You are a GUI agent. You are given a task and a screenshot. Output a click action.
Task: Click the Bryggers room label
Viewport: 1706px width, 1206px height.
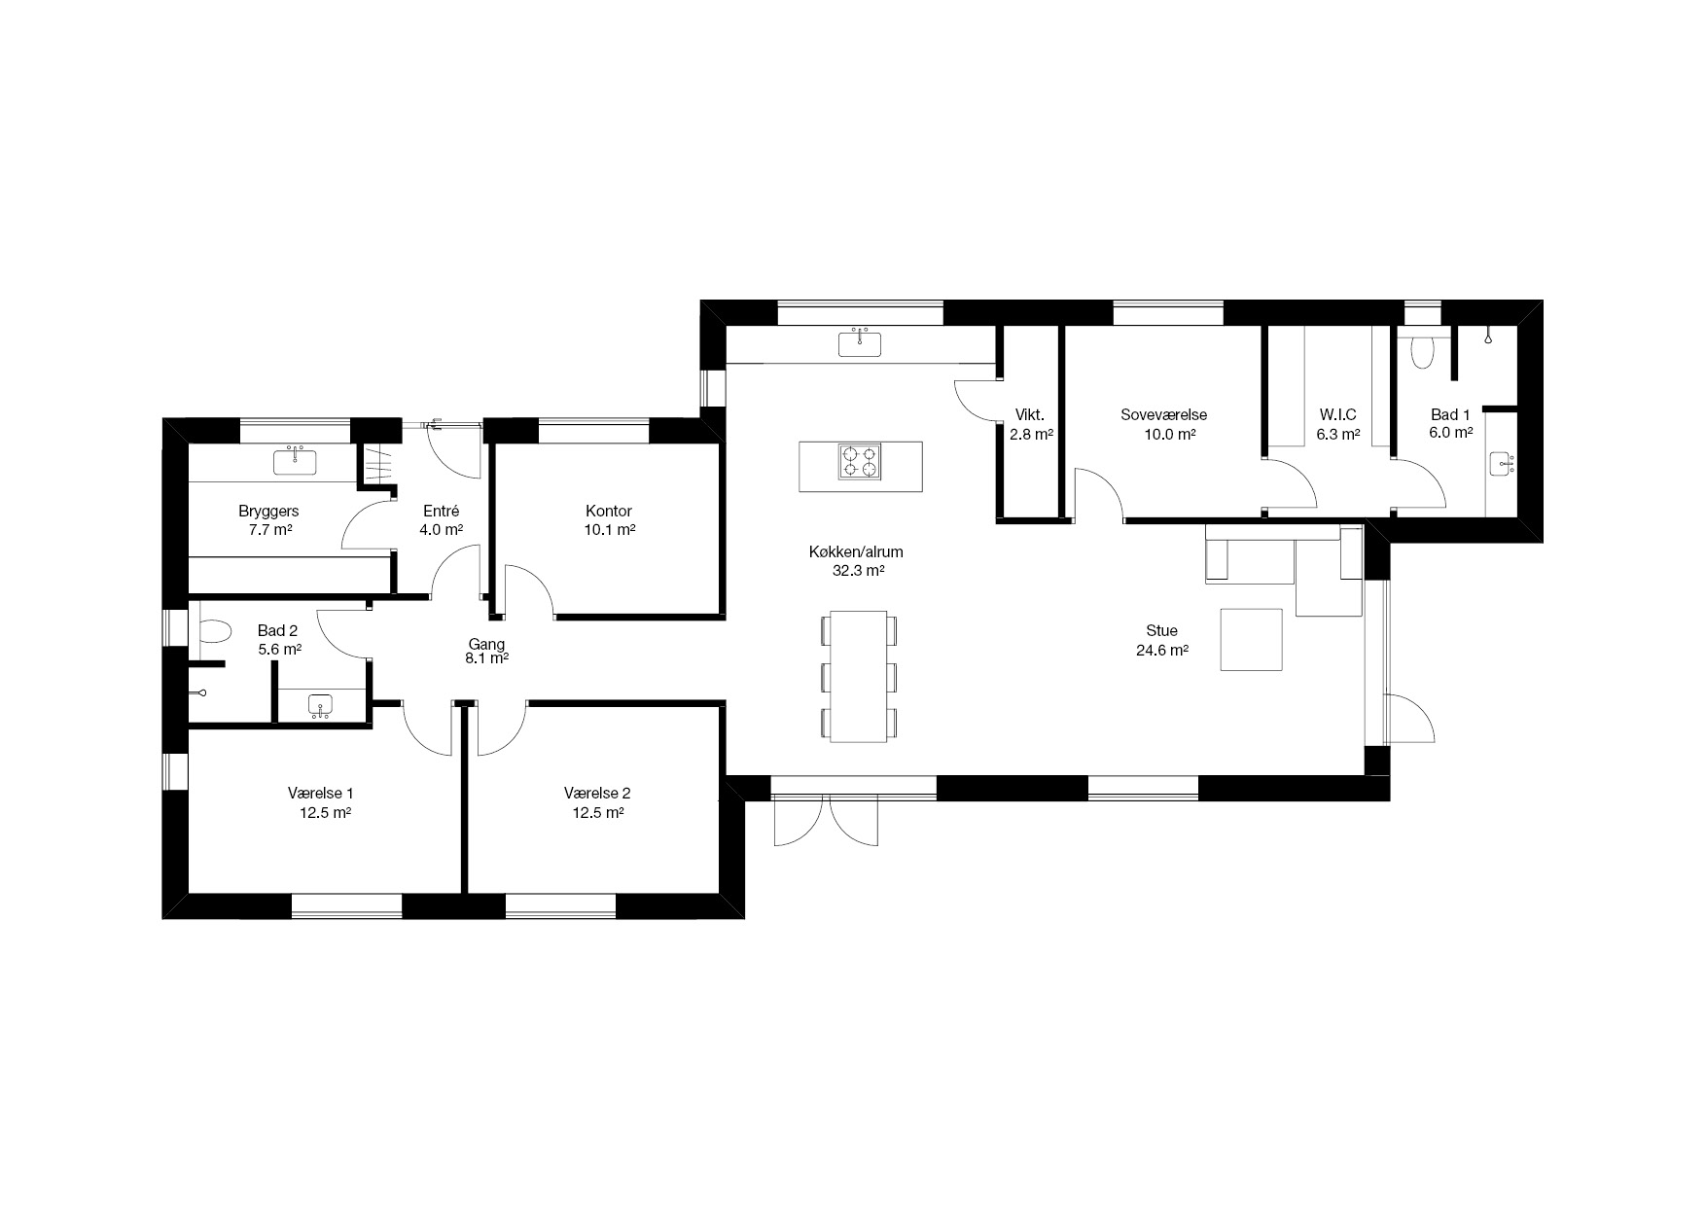pos(268,512)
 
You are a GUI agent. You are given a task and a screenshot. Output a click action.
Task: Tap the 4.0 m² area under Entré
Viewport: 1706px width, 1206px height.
pos(441,530)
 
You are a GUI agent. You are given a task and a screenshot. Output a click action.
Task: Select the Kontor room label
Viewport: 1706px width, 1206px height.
pos(609,512)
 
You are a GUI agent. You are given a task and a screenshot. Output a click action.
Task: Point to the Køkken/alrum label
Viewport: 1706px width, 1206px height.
pos(856,552)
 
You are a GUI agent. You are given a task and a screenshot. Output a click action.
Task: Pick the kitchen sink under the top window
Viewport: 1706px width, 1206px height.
pos(860,343)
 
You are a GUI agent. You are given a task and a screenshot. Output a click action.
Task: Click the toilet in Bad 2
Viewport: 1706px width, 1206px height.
pos(214,634)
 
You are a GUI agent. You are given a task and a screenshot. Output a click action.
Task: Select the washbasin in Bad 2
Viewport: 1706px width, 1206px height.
pos(320,704)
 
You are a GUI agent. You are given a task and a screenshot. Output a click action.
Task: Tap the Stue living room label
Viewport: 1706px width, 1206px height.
pos(1162,631)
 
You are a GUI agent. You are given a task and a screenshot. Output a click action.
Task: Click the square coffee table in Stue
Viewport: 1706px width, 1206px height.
pos(1252,639)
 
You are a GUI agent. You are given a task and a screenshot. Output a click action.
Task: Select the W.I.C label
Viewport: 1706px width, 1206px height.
pos(1337,415)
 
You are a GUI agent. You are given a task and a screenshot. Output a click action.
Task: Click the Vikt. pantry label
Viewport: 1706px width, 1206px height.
pos(1030,413)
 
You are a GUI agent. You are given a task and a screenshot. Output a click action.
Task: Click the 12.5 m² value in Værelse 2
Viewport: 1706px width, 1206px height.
pos(598,812)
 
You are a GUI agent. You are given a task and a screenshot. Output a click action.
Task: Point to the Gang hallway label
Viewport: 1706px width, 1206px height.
pos(486,644)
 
